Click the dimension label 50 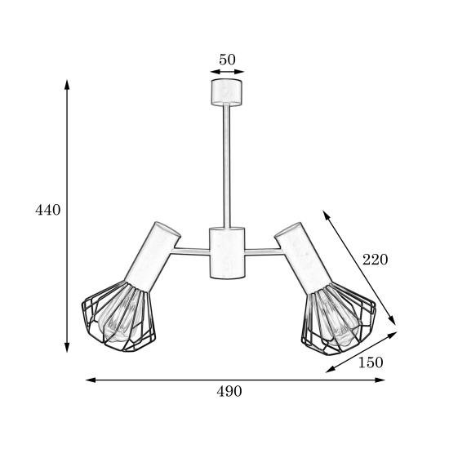coord(227,60)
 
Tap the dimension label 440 coord(48,210)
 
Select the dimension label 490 coord(229,391)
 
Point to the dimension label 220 coord(376,260)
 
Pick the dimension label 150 coord(371,362)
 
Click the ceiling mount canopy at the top coord(226,92)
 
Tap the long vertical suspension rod coord(226,166)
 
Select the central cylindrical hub coord(227,253)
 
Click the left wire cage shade coord(119,317)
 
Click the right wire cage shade coord(339,318)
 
